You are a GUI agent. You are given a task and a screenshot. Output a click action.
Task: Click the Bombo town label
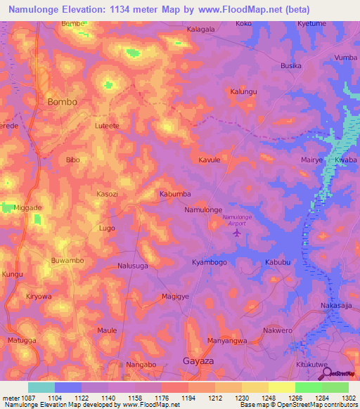[x=62, y=101]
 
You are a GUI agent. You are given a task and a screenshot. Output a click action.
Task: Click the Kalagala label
[x=200, y=30]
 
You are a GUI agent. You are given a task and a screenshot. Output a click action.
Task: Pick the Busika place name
[x=291, y=65]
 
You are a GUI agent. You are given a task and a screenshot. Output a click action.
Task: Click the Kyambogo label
[x=209, y=262]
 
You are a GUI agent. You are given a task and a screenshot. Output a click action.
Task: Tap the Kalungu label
[x=244, y=91]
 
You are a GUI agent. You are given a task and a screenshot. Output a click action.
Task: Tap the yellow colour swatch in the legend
[x=281, y=387]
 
